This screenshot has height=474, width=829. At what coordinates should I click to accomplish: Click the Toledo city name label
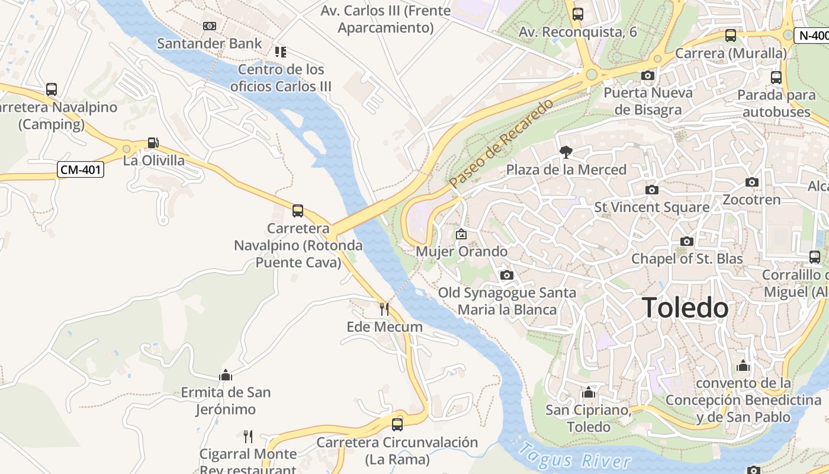685,308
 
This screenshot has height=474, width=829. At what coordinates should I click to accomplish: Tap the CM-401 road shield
81,170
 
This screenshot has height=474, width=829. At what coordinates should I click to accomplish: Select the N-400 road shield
812,35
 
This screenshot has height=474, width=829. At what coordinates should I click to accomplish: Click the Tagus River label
574,456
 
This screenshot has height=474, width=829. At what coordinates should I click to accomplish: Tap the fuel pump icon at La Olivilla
153,143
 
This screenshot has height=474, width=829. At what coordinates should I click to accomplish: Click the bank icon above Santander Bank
209,26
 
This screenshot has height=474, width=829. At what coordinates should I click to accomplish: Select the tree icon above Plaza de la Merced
565,152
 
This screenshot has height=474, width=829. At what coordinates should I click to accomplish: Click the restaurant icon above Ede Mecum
384,309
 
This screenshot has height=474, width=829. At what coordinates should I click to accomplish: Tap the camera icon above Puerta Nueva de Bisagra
648,75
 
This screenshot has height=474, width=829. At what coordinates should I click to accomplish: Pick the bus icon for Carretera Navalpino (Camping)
52,89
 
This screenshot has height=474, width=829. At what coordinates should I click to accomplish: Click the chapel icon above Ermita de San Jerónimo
225,375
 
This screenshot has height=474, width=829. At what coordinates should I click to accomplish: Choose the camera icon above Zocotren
751,182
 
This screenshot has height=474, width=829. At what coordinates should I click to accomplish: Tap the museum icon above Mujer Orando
461,234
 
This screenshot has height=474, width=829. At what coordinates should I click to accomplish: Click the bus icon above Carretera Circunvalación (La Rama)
397,424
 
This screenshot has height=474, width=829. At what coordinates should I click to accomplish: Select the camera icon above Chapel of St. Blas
686,241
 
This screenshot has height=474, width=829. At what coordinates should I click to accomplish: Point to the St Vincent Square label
651,207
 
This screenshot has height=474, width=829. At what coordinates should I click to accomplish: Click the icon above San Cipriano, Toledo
588,392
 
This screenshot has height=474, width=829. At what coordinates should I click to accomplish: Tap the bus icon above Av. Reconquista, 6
577,14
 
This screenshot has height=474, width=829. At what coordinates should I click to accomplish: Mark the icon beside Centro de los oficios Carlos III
280,52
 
